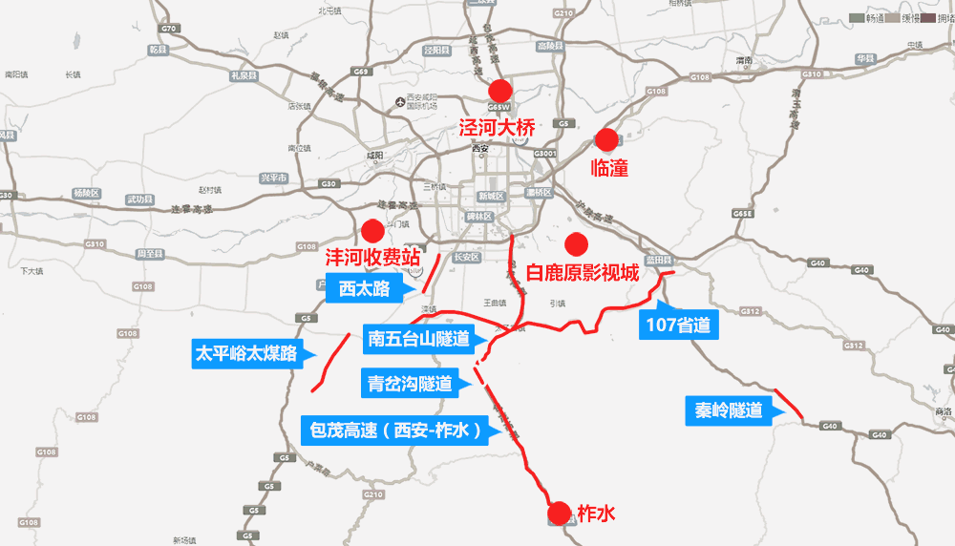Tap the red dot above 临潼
(604, 139)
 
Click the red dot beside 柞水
(563, 514)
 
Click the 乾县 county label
(159, 49)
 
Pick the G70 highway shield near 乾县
(170, 30)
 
